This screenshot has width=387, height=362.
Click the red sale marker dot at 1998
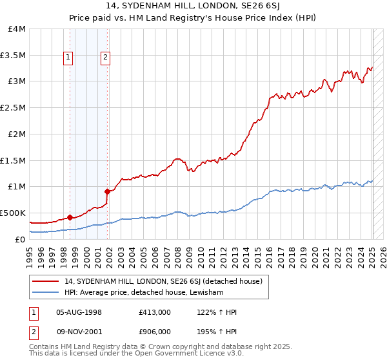(x=69, y=217)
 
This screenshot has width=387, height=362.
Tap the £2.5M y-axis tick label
(x=14, y=108)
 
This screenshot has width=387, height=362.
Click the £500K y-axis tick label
(x=14, y=213)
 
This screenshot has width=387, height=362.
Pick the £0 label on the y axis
(x=21, y=239)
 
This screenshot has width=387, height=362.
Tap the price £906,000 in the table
(x=155, y=331)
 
